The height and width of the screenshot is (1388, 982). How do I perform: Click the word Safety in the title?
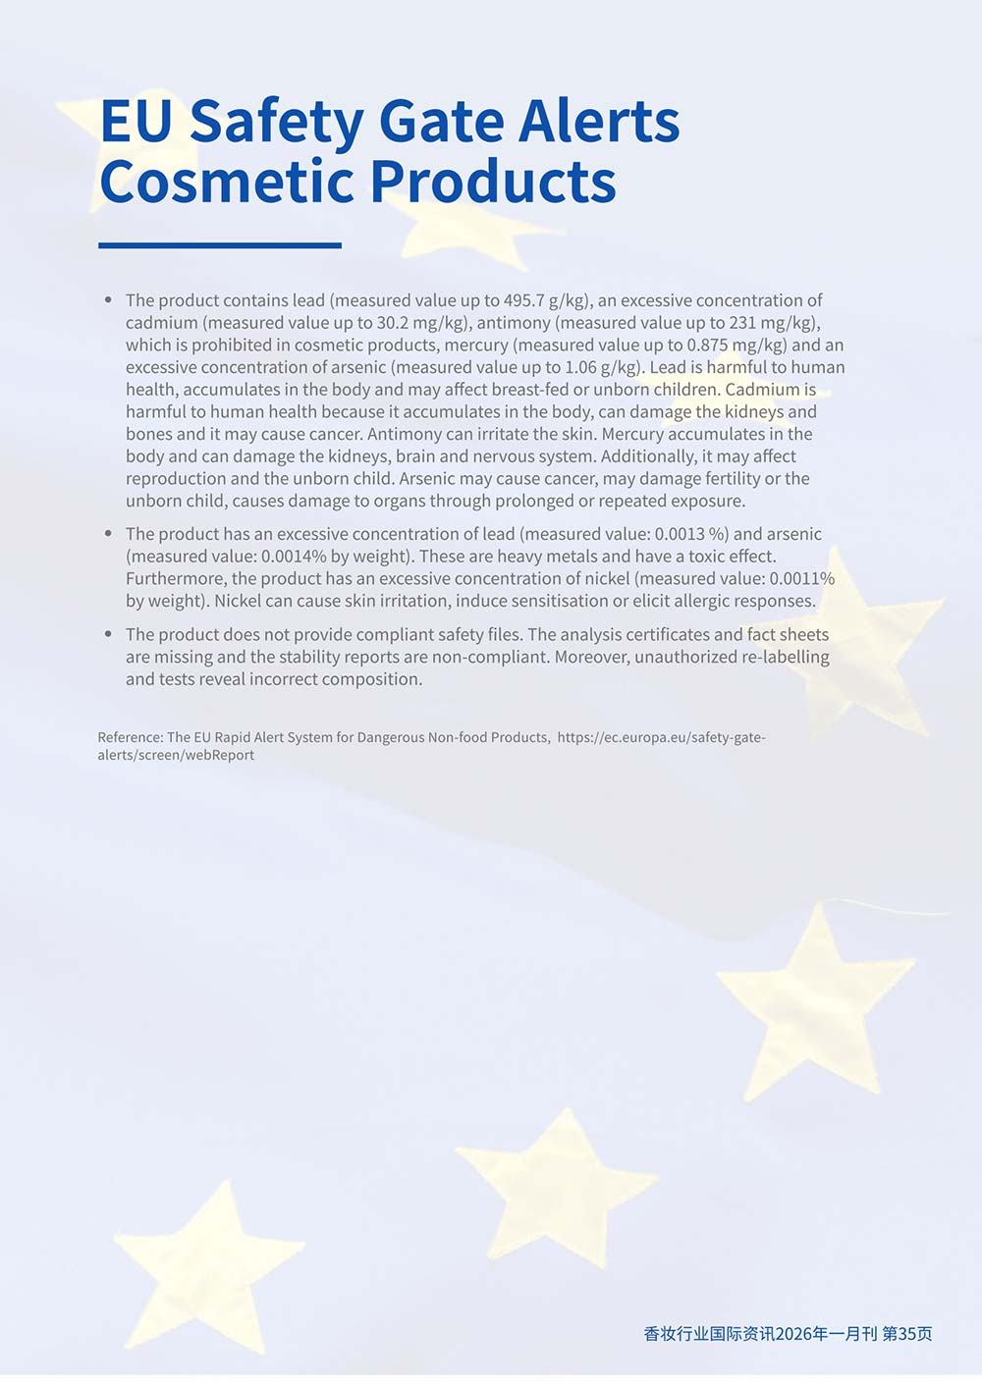pos(275,122)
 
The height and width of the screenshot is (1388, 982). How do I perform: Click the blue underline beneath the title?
pos(220,245)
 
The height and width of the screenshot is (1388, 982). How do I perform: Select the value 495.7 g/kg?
pos(545,300)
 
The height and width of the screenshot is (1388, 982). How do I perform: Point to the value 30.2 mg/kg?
pos(420,323)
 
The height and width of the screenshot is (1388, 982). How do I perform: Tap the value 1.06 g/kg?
pos(599,368)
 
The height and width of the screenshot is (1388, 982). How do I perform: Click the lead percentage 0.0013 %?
pos(691,534)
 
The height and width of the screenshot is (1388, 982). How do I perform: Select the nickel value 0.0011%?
pos(801,579)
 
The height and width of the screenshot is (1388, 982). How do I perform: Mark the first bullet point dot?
pos(108,299)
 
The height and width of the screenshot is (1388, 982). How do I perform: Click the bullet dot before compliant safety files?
pos(108,634)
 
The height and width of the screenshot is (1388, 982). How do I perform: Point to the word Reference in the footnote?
pos(130,737)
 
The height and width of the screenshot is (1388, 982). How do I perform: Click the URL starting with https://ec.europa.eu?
pos(661,737)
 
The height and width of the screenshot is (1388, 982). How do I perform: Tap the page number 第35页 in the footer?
pos(907,1333)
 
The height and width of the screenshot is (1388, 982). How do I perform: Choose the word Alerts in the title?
pos(599,122)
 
